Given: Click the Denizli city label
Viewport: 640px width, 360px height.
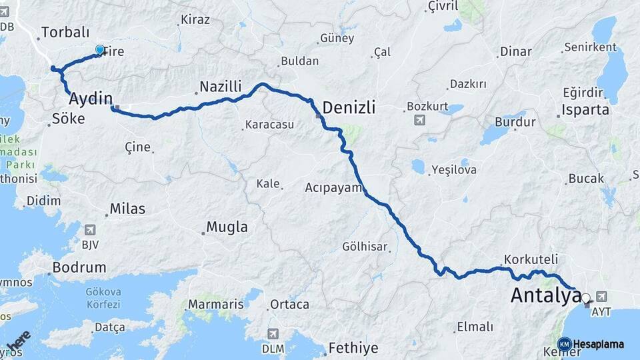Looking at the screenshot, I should [349, 107].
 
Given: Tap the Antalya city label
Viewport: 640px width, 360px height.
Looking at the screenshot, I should [545, 295].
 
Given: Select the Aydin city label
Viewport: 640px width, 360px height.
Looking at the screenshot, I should [91, 99].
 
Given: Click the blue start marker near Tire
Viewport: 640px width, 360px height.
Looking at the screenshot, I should [100, 50].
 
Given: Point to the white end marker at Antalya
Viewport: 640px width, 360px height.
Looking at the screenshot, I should [585, 299].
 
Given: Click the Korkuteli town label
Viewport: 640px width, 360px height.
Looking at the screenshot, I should [531, 259].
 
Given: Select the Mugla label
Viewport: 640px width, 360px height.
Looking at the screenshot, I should [227, 227].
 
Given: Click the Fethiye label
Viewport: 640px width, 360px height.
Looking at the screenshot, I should [353, 348].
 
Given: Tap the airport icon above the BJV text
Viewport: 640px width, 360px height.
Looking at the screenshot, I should [90, 230].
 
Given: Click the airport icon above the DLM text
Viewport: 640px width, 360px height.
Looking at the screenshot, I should [273, 333].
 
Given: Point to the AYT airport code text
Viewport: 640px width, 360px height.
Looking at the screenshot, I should [601, 311].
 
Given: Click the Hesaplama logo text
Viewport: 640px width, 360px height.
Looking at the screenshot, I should [598, 344].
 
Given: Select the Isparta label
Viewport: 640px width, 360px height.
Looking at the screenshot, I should [585, 110].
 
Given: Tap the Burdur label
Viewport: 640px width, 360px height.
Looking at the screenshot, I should [515, 123].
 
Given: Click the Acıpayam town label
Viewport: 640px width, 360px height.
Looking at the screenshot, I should [333, 187].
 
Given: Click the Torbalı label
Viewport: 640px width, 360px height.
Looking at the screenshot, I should [65, 32].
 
